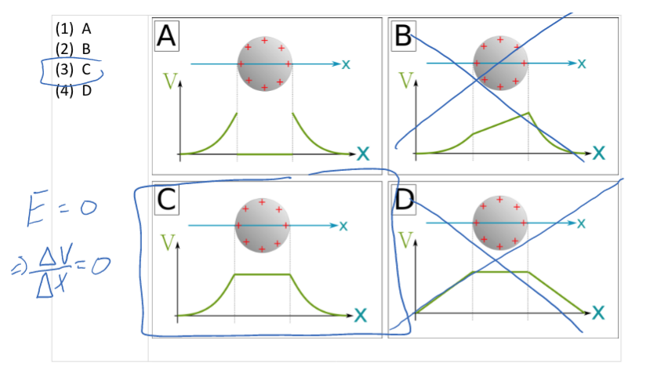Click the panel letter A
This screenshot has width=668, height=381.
(x=167, y=35)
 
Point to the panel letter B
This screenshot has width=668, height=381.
(x=403, y=35)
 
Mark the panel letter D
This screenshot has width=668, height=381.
(x=403, y=201)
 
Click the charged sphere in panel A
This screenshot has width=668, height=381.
(x=265, y=63)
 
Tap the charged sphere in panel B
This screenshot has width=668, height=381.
(x=500, y=62)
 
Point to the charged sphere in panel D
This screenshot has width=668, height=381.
(x=499, y=223)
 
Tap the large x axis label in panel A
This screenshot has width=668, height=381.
(x=361, y=153)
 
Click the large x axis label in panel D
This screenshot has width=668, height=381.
(x=598, y=313)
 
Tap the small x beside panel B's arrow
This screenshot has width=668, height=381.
(x=581, y=63)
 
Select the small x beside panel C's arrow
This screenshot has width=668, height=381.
(x=343, y=227)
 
